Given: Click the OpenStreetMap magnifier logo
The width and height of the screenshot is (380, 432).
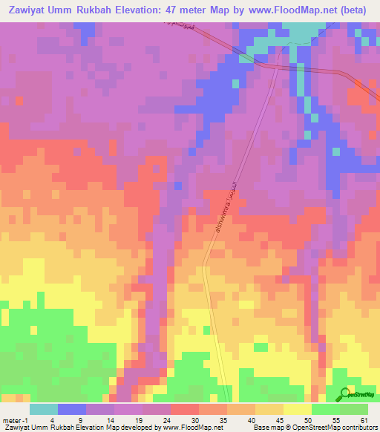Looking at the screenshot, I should coord(345,393).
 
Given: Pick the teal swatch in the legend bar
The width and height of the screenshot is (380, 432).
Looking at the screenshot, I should coord(44,409).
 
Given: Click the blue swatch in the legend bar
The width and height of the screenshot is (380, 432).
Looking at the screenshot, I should coord(72,409).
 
